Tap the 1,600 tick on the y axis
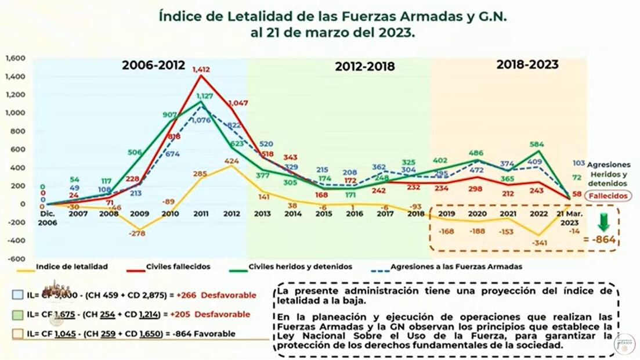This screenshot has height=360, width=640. pos(16,58)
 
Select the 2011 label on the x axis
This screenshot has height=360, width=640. pos(201,213)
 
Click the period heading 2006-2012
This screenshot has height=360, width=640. pos(153,65)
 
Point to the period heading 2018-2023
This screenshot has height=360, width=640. pos(527,64)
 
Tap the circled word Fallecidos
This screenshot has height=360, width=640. pos(608,196)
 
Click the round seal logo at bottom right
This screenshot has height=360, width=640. pos(624,344)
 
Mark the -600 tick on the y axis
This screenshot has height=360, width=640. pos(16,259)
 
